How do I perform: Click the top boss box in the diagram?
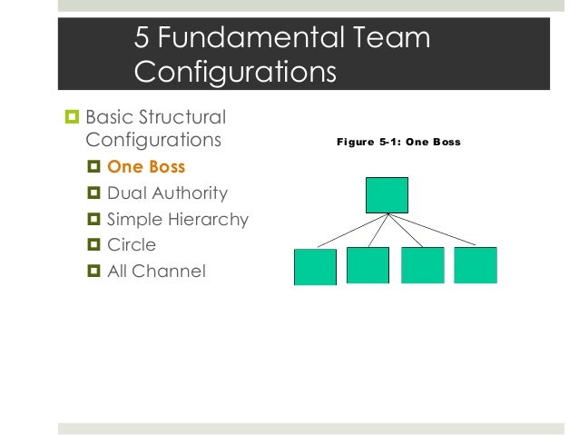[x=387, y=194]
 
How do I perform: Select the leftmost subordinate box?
[x=315, y=266]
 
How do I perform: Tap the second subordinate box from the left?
[x=368, y=265]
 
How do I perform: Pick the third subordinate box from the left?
[x=422, y=265]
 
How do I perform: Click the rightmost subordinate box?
[x=476, y=265]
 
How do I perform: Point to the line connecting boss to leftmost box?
[x=352, y=230]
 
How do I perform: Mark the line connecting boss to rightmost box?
[x=432, y=230]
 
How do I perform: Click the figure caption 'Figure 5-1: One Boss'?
[x=398, y=142]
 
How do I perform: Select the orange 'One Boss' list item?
[x=146, y=167]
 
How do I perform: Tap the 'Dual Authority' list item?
[x=167, y=193]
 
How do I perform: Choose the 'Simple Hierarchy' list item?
[x=177, y=219]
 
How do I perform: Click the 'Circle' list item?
[x=132, y=244]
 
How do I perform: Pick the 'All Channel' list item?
[x=156, y=270]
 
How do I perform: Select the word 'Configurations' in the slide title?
[x=235, y=71]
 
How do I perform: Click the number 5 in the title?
[x=142, y=37]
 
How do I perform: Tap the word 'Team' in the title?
[x=386, y=37]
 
